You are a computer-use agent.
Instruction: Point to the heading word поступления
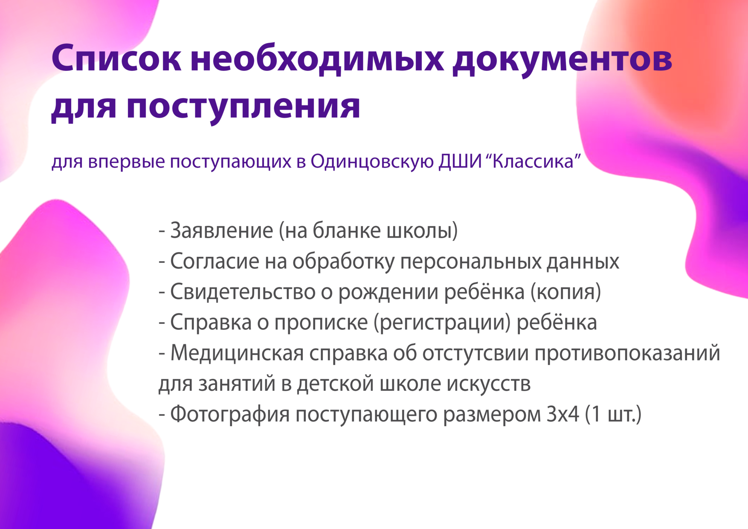(x=244, y=107)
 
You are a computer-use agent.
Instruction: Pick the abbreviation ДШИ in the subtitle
(x=460, y=162)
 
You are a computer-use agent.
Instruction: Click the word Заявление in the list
(x=222, y=231)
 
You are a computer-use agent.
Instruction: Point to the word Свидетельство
(x=243, y=292)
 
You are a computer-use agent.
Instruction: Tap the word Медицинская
(x=237, y=353)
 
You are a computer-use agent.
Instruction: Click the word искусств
(x=489, y=384)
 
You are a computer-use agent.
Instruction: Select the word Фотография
(x=230, y=414)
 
